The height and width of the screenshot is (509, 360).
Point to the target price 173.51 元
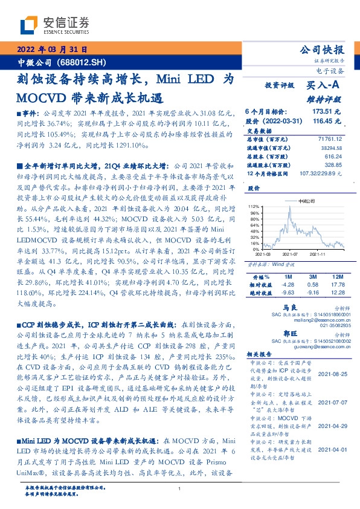point(327,112)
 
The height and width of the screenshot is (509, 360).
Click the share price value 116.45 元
point(327,121)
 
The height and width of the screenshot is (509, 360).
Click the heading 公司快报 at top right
point(330,50)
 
